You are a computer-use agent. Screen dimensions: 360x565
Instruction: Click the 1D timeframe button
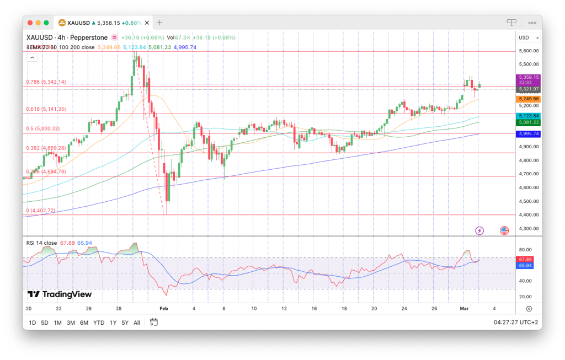(32, 323)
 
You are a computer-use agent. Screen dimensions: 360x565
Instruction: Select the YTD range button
(99, 323)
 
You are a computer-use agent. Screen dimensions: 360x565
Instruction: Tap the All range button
(137, 323)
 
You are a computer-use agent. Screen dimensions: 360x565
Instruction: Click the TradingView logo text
(60, 294)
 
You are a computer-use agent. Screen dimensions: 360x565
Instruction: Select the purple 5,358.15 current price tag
(528, 78)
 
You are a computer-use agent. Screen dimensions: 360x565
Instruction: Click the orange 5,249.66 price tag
(528, 99)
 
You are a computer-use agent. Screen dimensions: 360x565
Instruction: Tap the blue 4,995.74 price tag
(528, 134)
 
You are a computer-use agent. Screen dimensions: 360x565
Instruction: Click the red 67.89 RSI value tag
(525, 259)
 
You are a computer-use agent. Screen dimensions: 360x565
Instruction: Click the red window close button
(30, 23)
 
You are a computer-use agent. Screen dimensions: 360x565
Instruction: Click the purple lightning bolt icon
(479, 230)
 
